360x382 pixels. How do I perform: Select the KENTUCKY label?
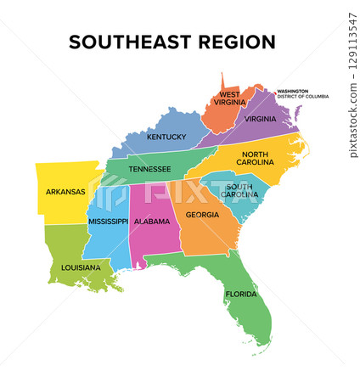point(166,137)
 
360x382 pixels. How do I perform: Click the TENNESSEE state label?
point(149,169)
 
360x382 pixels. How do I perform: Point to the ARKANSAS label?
point(65,192)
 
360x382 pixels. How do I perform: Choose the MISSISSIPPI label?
point(108,221)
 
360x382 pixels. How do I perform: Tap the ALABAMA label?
point(151,221)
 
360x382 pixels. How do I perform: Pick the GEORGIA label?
point(202,215)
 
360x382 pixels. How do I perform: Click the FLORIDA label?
point(240,295)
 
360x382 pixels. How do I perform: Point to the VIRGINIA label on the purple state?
point(260,120)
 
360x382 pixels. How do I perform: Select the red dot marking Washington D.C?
point(274,91)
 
